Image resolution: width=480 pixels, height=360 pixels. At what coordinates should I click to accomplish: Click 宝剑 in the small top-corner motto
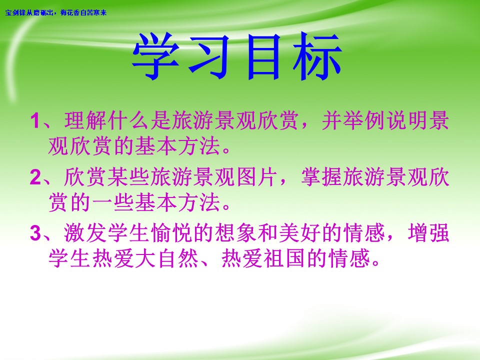coord(10,12)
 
